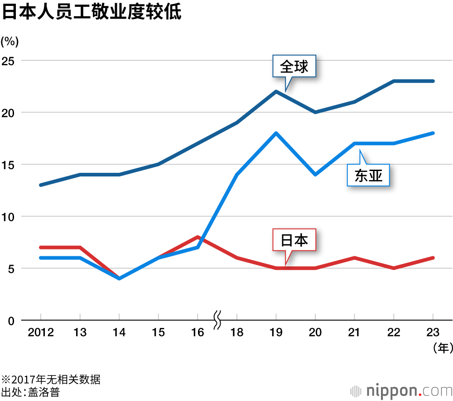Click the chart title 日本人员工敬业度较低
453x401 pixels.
pos(92,12)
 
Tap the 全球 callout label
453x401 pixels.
pos(294,67)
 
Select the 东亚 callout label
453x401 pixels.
pos(368,176)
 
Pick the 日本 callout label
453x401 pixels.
pos(294,240)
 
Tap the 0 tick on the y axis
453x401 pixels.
pos(12,320)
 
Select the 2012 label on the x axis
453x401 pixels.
pos(41,333)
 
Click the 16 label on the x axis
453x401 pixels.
pos(198,333)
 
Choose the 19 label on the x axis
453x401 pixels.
pos(276,333)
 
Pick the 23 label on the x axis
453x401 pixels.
pos(433,333)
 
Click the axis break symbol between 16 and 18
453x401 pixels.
pos(217,320)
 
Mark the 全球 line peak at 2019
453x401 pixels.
pos(276,92)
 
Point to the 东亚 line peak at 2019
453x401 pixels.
pos(276,133)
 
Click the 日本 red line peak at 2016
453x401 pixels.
pos(198,237)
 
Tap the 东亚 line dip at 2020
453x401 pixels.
pos(315,175)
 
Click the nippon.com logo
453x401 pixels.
pos(401,390)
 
